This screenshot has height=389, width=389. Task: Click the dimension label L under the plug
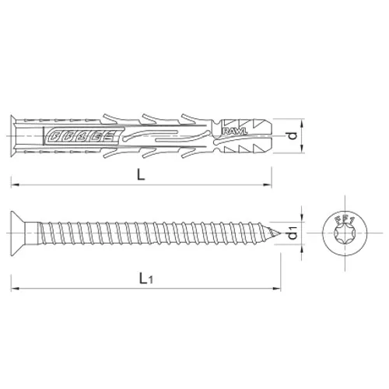tap(140, 176)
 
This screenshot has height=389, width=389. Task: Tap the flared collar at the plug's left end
tap(16, 136)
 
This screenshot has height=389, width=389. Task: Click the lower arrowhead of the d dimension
tap(300, 151)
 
